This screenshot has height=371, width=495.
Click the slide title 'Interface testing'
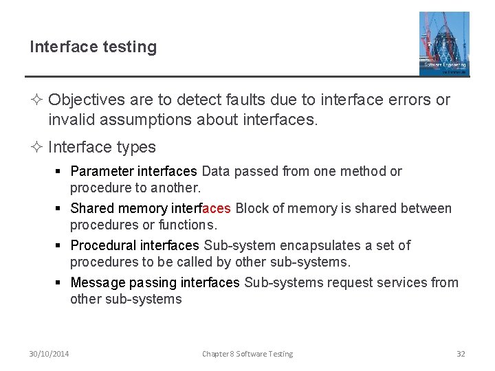(x=93, y=47)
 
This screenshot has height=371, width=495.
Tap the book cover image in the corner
(x=444, y=43)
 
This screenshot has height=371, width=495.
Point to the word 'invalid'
(x=70, y=120)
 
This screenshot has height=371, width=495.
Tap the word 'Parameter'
(x=102, y=171)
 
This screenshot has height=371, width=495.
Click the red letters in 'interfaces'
(x=217, y=208)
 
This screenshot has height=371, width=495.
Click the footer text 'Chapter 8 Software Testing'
(x=247, y=354)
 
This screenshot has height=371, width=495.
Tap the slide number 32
(x=461, y=354)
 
